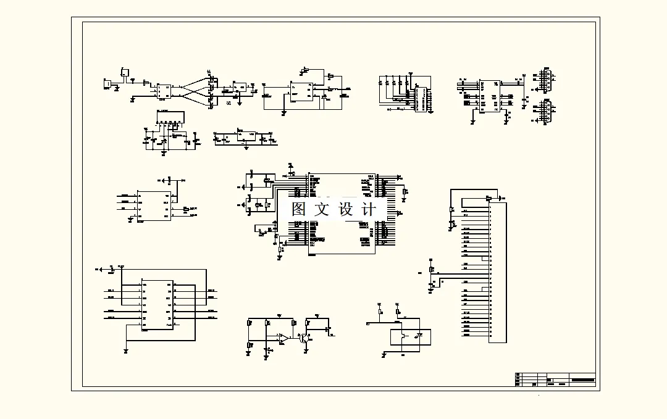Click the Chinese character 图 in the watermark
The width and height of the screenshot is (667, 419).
[x=300, y=209]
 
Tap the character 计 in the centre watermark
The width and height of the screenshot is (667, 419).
[x=369, y=209]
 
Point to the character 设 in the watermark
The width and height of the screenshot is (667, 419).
[x=346, y=209]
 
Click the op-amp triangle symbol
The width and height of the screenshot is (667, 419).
[x=283, y=338]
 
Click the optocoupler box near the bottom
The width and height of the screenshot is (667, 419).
[x=410, y=337]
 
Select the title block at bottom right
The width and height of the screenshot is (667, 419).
[x=555, y=380]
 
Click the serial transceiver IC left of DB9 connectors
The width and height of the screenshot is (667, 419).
[x=490, y=96]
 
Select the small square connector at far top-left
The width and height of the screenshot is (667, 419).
[x=107, y=83]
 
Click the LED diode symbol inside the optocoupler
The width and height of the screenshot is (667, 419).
[x=420, y=337]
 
